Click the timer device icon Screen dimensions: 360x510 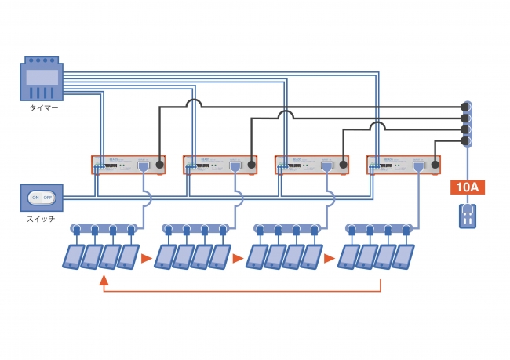42,78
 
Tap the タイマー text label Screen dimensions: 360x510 42,108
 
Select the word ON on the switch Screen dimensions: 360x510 35,198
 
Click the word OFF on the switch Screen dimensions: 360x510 48,198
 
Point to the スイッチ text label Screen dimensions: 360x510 42,219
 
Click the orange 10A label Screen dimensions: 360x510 468,187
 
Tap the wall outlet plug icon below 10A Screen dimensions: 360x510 468,215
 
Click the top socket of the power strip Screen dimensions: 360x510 464,107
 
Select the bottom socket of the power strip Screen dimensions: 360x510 464,141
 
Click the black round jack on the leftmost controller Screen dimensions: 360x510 159,165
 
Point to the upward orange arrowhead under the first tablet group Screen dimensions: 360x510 104,279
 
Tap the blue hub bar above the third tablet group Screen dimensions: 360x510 286,228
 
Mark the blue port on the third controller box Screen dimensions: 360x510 326,166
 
